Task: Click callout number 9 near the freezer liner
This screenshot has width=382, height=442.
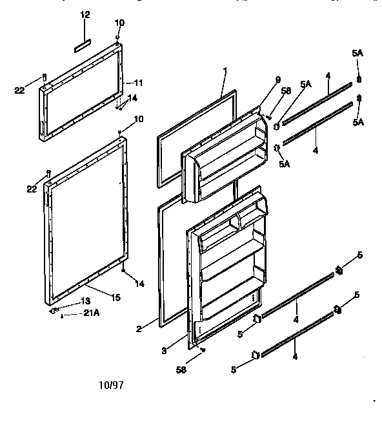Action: click(x=277, y=79)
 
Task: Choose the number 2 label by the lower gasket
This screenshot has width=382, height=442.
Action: click(x=138, y=328)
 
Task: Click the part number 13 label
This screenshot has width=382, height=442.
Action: click(x=86, y=302)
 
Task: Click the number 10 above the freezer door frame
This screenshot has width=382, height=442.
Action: click(x=119, y=23)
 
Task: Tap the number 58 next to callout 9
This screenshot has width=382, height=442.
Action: click(x=288, y=91)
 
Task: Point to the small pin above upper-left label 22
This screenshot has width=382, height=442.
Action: click(x=44, y=76)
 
